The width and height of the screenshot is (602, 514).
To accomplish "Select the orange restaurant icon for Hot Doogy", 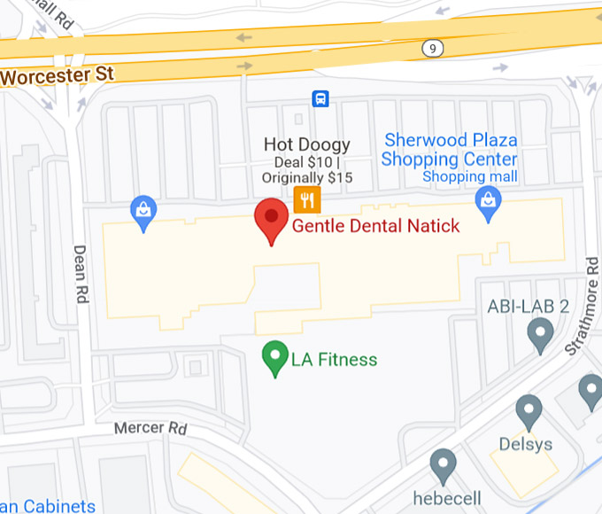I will (306, 199).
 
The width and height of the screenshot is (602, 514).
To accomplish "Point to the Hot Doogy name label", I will (307, 144).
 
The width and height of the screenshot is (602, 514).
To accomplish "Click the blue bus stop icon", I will (320, 98).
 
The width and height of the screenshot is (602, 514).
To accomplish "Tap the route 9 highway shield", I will (431, 48).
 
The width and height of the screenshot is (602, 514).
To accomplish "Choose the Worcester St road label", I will (58, 74).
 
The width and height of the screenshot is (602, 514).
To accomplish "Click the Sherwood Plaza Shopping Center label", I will (449, 150).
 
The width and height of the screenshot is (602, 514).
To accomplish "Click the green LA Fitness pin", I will (276, 358).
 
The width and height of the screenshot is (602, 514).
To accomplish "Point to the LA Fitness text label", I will (334, 360).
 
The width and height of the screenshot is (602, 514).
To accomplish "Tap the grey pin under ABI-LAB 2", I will (540, 335).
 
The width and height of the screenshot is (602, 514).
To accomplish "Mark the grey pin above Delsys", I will (529, 411).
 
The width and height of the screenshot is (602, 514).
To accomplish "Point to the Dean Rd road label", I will (81, 275).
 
